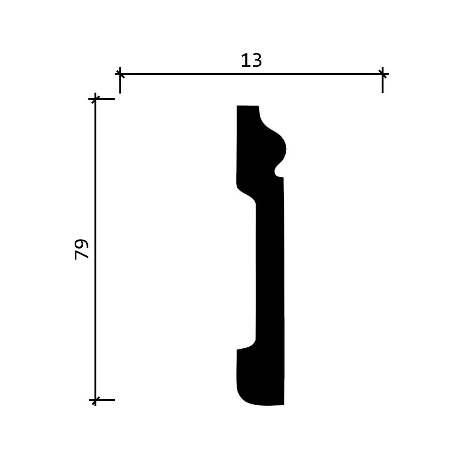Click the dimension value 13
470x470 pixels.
pyautogui.click(x=251, y=61)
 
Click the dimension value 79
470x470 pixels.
pyautogui.click(x=82, y=249)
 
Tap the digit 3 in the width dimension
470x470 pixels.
pyautogui.click(x=257, y=61)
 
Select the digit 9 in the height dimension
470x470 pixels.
pyautogui.click(x=82, y=243)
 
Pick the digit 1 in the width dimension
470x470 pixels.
pyautogui.click(x=245, y=61)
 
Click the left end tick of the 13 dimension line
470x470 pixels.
pyautogui.click(x=120, y=74)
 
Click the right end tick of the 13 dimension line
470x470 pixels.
pyautogui.click(x=383, y=74)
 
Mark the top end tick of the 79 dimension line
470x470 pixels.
pyautogui.click(x=95, y=99)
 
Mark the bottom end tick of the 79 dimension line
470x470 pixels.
pyautogui.click(x=95, y=400)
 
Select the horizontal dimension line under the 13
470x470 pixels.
pyautogui.click(x=251, y=74)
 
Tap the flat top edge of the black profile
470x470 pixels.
pyautogui.click(x=248, y=106)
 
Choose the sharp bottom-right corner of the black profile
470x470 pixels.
pyautogui.click(x=283, y=404)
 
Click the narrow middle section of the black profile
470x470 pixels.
pyautogui.click(x=270, y=273)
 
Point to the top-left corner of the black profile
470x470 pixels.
pyautogui.click(x=237, y=107)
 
